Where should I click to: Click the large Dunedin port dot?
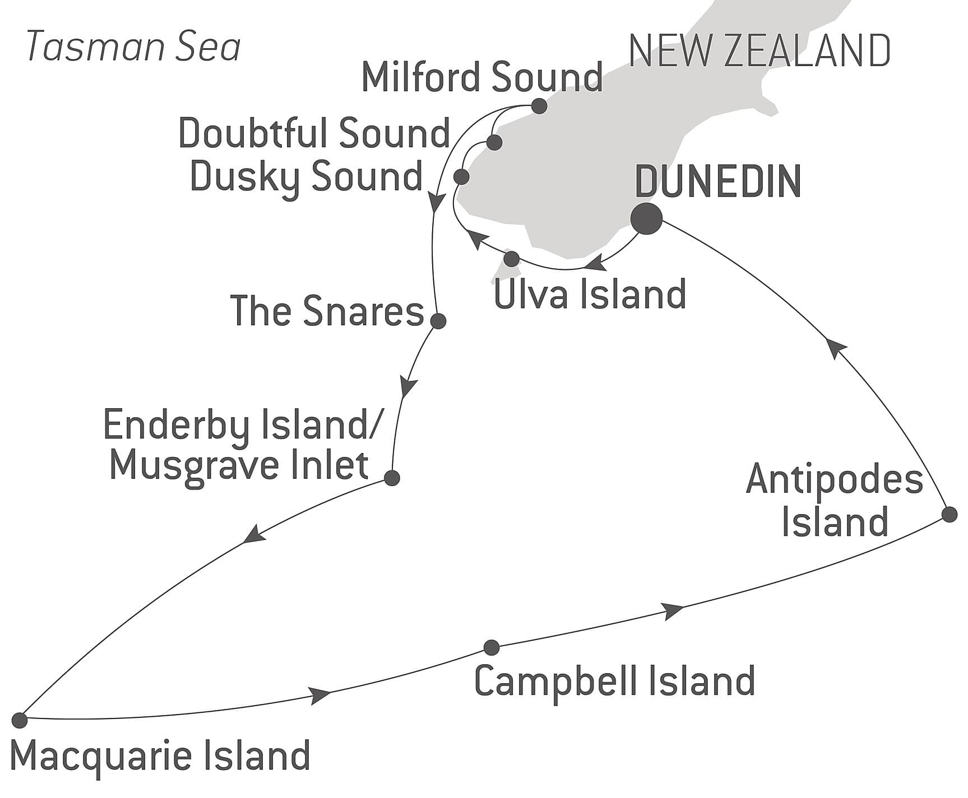[646, 219]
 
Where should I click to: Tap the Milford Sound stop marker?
[539, 106]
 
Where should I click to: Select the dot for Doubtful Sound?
[494, 142]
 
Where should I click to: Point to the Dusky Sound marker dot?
[461, 177]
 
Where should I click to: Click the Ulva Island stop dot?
[511, 259]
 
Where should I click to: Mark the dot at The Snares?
[438, 321]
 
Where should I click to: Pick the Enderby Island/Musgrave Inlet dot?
[392, 478]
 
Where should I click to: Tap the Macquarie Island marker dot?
[20, 720]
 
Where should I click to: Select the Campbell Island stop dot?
[491, 647]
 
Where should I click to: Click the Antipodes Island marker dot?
[949, 514]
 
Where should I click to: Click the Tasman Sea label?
[133, 46]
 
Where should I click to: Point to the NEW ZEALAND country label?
[759, 51]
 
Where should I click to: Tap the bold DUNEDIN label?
[718, 181]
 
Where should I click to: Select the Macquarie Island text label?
[160, 755]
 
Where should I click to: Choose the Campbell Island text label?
[614, 681]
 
